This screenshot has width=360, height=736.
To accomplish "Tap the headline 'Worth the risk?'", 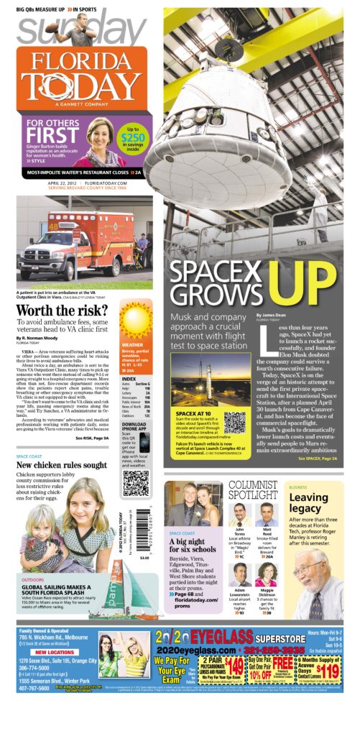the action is pyautogui.click(x=62, y=310).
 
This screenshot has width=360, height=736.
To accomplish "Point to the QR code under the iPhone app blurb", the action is pyautogui.click(x=134, y=482).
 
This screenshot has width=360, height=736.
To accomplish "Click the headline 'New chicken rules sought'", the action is pyautogui.click(x=61, y=465).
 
